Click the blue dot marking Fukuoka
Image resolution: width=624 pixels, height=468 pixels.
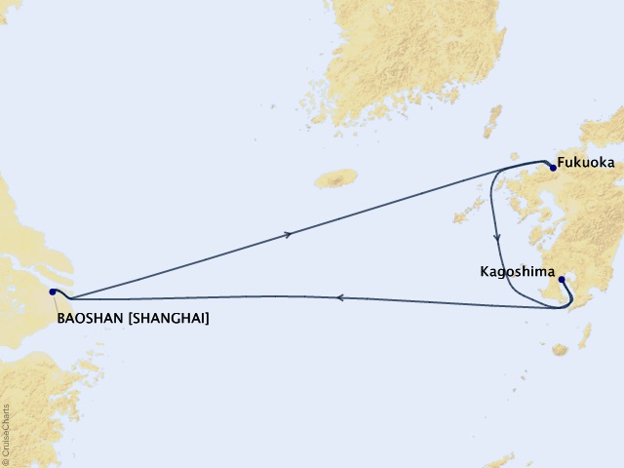tap(553, 167)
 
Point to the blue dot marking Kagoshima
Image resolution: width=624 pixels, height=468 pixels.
tap(562, 280)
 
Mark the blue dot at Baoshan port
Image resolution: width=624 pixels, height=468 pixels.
tap(52, 291)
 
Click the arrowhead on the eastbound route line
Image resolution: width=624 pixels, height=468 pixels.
tap(288, 234)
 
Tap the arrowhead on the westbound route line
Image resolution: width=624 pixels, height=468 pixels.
tap(339, 298)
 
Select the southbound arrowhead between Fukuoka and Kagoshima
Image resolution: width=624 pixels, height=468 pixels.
tap(498, 237)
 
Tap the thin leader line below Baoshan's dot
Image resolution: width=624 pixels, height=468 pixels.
tap(56, 303)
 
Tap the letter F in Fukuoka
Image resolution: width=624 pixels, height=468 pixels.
tap(563, 163)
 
